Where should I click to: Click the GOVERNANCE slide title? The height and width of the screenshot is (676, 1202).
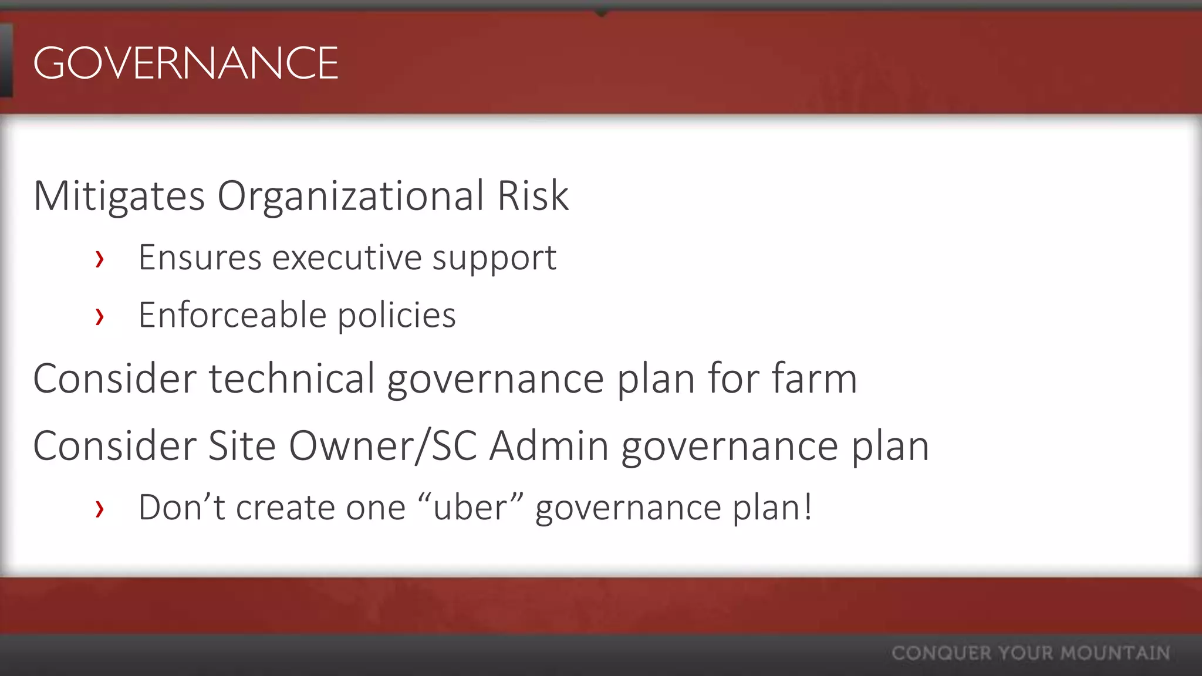185,63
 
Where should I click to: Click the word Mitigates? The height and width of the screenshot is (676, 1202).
119,196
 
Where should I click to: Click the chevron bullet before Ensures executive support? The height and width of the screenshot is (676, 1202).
100,259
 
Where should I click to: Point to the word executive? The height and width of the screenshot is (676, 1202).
347,258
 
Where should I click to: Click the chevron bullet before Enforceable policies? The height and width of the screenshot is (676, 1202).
100,316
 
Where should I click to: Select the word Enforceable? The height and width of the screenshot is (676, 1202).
232,315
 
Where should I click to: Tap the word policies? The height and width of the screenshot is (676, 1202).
397,315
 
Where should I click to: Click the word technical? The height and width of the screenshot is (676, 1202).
292,378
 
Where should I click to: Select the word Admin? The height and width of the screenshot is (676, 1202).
549,446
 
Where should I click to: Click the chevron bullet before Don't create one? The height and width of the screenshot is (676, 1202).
100,509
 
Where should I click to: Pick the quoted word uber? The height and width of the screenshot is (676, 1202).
470,508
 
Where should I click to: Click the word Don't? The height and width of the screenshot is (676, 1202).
181,508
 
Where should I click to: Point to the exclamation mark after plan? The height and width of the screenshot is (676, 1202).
808,506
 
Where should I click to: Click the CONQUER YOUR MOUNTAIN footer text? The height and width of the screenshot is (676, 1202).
1031,653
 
